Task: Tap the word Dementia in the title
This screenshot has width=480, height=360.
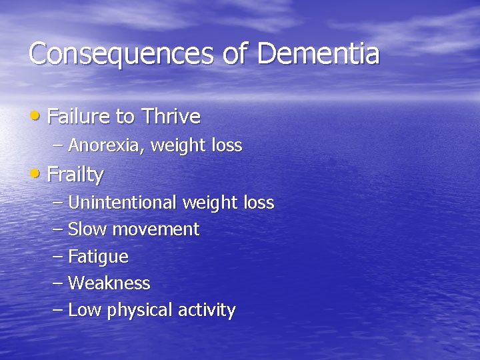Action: pyautogui.click(x=318, y=53)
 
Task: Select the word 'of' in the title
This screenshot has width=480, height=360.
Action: pyautogui.click(x=235, y=53)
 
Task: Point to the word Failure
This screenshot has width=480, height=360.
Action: pyautogui.click(x=79, y=117)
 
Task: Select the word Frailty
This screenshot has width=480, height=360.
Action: pyautogui.click(x=75, y=175)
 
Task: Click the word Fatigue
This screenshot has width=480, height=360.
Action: pyautogui.click(x=98, y=257)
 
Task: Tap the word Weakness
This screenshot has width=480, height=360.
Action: pyautogui.click(x=109, y=283)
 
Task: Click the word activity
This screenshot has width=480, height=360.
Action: pyautogui.click(x=206, y=311)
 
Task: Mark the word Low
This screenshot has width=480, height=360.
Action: pyautogui.click(x=83, y=310)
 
